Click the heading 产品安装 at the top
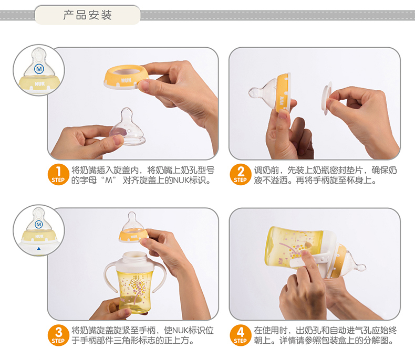tap(87, 15)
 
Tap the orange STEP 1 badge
tap(58, 174)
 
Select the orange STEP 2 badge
tap(240, 174)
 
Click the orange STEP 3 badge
tap(58, 335)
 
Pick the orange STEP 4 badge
tap(240, 335)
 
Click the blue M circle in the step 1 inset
tap(39, 69)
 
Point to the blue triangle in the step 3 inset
tap(39, 248)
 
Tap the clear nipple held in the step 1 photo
tap(128, 127)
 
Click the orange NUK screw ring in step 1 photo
tap(125, 78)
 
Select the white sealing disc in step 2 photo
tap(327, 98)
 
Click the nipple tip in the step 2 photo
tap(252, 92)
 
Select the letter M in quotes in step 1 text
tap(109, 181)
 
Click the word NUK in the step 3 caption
tap(181, 331)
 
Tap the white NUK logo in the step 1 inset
tap(40, 84)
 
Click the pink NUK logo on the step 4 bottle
tap(281, 262)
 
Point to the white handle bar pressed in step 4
tap(309, 260)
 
